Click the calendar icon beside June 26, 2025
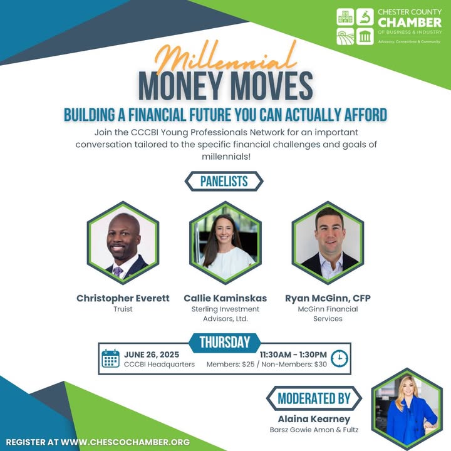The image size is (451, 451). pyautogui.click(x=110, y=358)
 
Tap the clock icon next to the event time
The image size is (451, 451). pyautogui.click(x=340, y=358)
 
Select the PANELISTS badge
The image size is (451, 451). pyautogui.click(x=224, y=182)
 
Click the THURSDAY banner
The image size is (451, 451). pyautogui.click(x=225, y=342)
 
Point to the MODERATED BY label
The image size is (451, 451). pyautogui.click(x=314, y=398)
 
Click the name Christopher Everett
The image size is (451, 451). pyautogui.click(x=123, y=298)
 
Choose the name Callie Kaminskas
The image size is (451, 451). pyautogui.click(x=225, y=298)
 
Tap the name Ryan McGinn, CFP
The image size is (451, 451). pyautogui.click(x=328, y=298)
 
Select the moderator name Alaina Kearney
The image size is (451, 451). pyautogui.click(x=314, y=419)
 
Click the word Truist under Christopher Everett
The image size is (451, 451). pyautogui.click(x=123, y=309)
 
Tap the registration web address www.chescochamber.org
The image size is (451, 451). pyautogui.click(x=125, y=442)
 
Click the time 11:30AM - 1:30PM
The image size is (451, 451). pyautogui.click(x=293, y=355)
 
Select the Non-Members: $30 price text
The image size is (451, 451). pyautogui.click(x=294, y=365)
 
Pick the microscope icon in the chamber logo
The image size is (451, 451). pyautogui.click(x=365, y=17)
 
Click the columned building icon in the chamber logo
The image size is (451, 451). pyautogui.click(x=365, y=36)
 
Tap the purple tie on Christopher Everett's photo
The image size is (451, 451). pyautogui.click(x=117, y=271)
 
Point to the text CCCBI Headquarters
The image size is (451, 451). pyautogui.click(x=159, y=365)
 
